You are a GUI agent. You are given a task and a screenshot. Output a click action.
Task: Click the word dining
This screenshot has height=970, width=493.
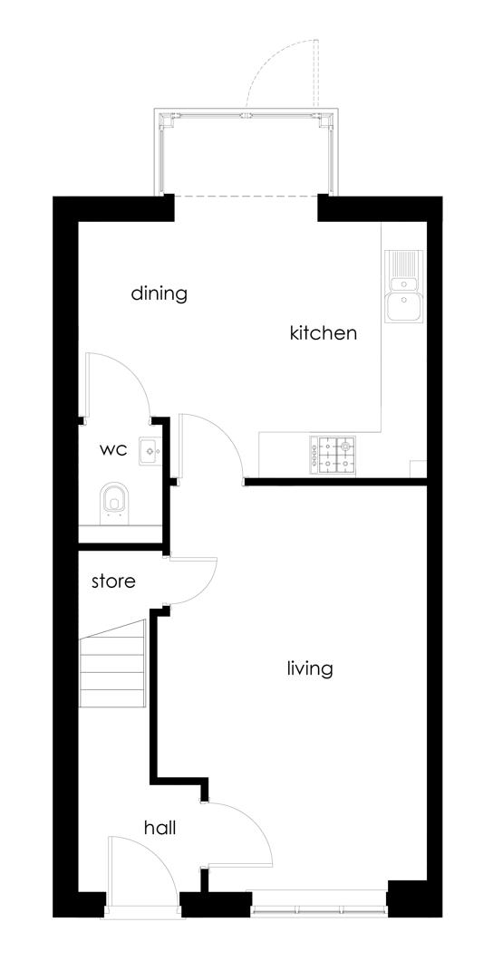pyautogui.click(x=159, y=293)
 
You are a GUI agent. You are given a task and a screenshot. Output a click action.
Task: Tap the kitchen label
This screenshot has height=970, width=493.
pyautogui.click(x=324, y=332)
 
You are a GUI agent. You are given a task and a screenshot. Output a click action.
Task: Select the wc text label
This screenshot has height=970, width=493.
pyautogui.click(x=113, y=450)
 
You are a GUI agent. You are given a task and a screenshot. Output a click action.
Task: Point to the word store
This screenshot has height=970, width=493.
pyautogui.click(x=113, y=581)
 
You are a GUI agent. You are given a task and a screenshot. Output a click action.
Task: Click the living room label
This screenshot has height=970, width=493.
pyautogui.click(x=310, y=668)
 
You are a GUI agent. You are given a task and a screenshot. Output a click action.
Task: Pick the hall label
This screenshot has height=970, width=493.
pyautogui.click(x=159, y=827)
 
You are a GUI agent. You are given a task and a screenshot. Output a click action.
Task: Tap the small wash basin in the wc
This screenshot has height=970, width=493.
pyautogui.click(x=150, y=451)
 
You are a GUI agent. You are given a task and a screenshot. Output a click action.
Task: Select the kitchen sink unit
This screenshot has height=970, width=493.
pyautogui.click(x=404, y=286)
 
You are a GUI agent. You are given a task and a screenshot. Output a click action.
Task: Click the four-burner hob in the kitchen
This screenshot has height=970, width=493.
pyautogui.click(x=333, y=456)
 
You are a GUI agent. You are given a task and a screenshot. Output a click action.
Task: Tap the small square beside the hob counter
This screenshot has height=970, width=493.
pyautogui.click(x=418, y=469)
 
